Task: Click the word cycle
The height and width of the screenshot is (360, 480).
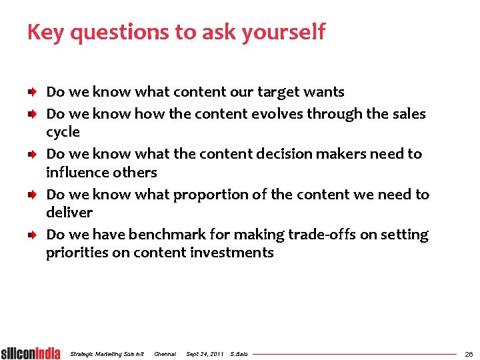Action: tap(63, 133)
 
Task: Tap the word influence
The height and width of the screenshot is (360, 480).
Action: tap(77, 172)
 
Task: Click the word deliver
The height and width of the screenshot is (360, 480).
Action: tap(69, 213)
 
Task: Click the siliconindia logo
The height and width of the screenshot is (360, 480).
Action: tap(30, 353)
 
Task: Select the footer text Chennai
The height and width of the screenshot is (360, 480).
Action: tap(165, 354)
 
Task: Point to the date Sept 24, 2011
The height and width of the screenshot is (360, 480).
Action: tap(205, 354)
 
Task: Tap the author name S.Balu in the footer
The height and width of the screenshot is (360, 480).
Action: tap(238, 354)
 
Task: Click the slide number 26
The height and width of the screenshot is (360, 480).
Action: tap(469, 354)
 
